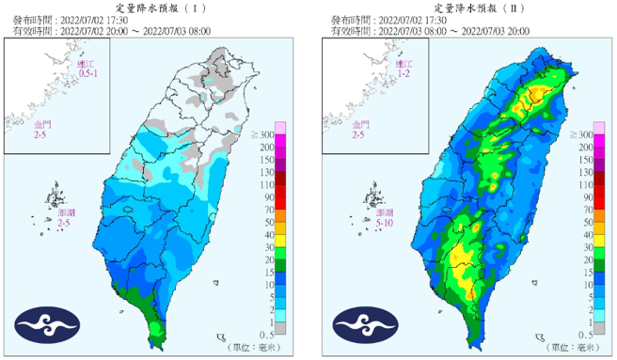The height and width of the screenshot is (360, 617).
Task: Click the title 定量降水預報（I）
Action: [x=155, y=7]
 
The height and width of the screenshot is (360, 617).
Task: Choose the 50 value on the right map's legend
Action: [x=583, y=233]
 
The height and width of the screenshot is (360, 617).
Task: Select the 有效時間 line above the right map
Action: [x=425, y=30]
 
